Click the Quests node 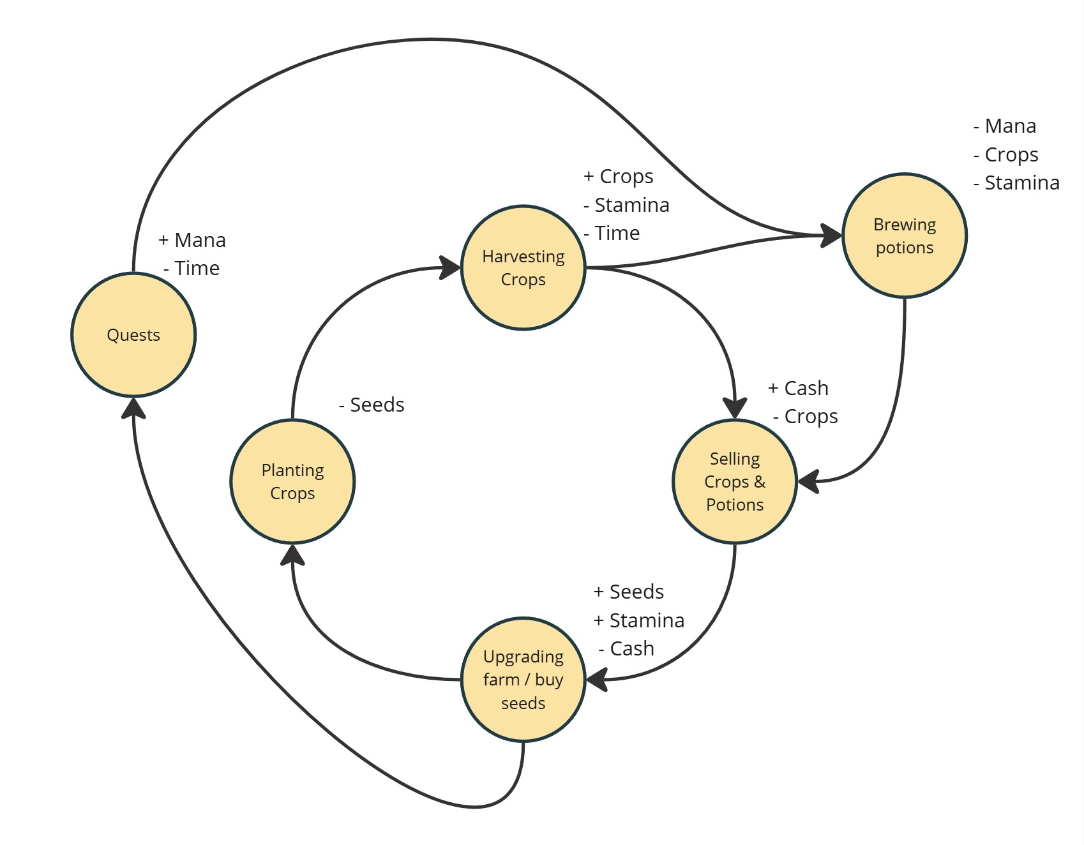click(133, 334)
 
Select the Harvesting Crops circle click(523, 267)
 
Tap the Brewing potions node click(904, 236)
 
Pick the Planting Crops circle click(292, 481)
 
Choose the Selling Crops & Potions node click(734, 481)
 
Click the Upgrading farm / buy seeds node click(523, 679)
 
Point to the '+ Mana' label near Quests click(192, 240)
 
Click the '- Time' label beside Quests click(192, 268)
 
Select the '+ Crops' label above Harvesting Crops click(619, 176)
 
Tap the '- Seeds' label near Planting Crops click(372, 405)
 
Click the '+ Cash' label click(798, 388)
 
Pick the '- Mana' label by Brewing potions click(1005, 126)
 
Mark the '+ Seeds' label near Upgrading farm click(629, 592)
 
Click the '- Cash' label click(626, 648)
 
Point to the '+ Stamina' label click(639, 620)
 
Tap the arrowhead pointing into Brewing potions click(831, 236)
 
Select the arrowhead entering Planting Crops click(292, 555)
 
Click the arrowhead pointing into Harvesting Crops click(450, 267)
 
